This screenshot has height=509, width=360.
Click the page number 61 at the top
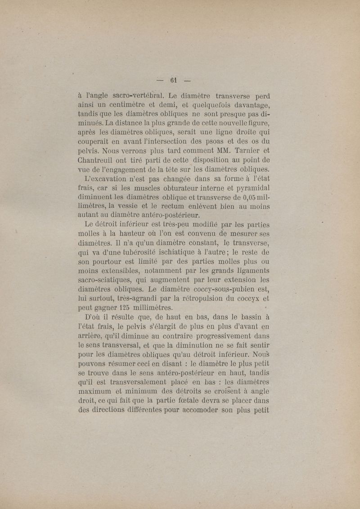(x=174, y=81)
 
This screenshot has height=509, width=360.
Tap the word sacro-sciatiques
(x=104, y=280)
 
